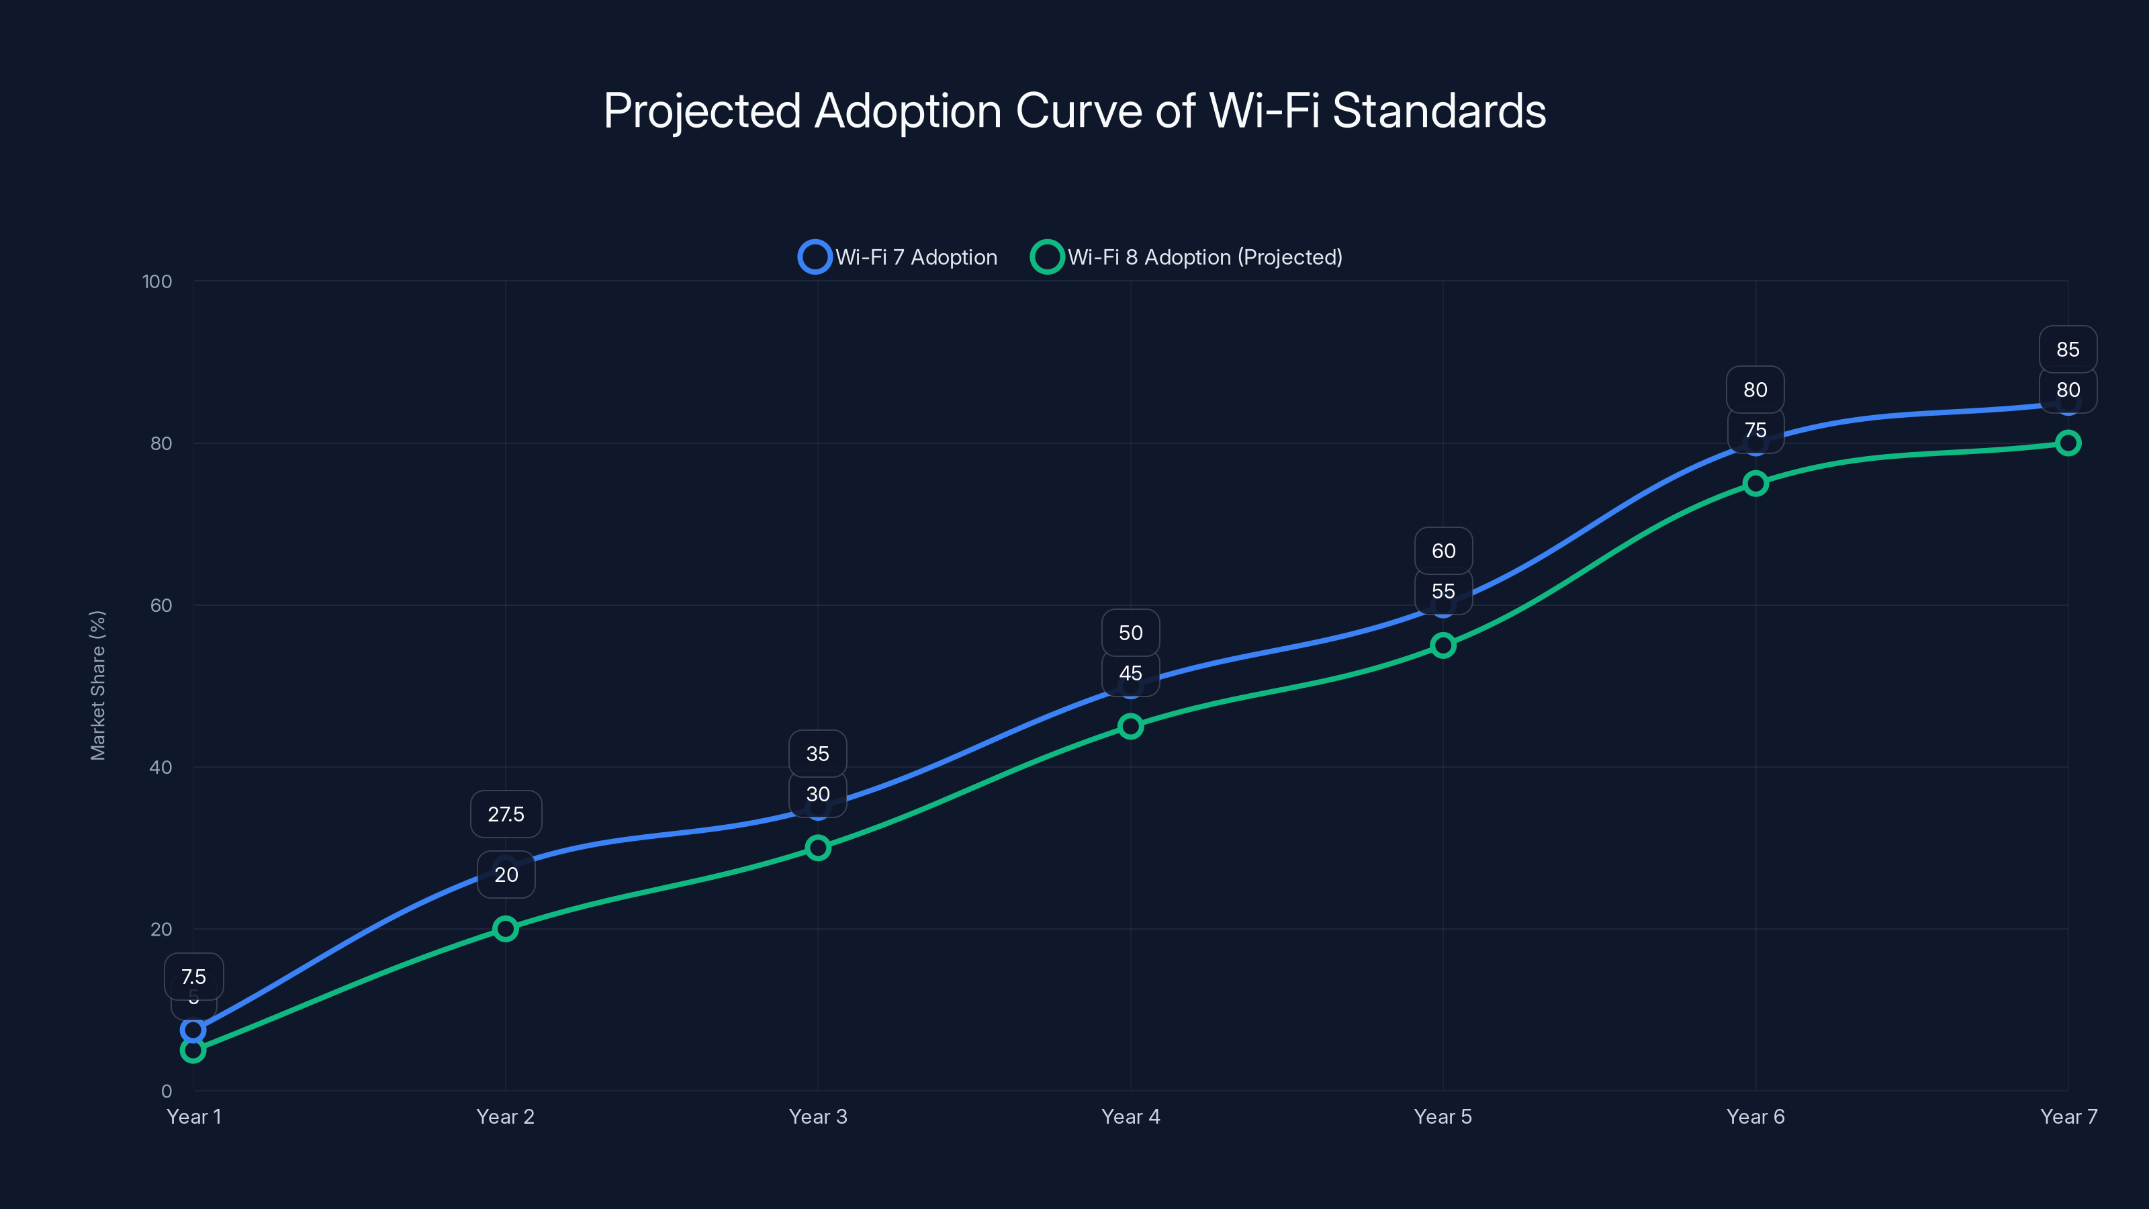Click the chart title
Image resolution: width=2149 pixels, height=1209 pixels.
point(1074,111)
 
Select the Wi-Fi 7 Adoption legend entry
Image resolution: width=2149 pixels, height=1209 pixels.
point(899,257)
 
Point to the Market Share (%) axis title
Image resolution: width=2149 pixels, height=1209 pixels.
point(97,685)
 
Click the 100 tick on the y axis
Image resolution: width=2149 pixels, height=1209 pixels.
point(157,281)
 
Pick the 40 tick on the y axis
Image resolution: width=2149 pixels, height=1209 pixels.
point(161,767)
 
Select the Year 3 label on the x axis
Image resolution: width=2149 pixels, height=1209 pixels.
point(817,1116)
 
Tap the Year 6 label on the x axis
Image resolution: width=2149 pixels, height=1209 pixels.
point(1755,1116)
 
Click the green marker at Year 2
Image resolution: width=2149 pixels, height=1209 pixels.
point(506,929)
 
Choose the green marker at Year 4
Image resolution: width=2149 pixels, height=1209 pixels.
point(1130,726)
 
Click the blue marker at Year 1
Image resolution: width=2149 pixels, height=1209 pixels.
point(193,1030)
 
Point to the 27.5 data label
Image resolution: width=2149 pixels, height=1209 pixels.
point(506,814)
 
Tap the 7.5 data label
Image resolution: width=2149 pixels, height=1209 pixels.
point(193,976)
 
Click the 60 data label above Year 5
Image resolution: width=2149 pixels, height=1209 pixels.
point(1443,551)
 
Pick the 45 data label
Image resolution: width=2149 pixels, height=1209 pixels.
point(1130,673)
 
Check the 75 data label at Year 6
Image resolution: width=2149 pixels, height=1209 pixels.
point(1755,431)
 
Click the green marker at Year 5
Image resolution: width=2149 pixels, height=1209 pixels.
point(1443,645)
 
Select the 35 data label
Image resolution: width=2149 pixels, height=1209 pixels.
point(817,754)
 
